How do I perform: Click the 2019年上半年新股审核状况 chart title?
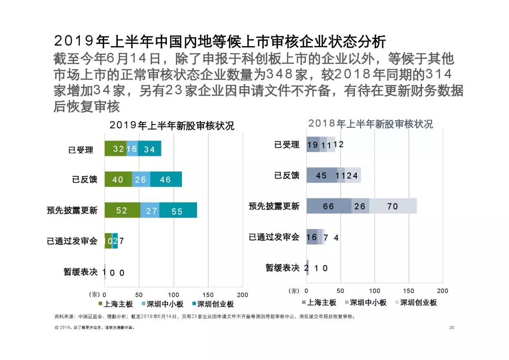(x=172, y=126)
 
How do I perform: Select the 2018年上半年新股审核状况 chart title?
(x=370, y=124)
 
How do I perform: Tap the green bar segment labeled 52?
(x=123, y=210)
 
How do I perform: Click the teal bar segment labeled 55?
(x=178, y=210)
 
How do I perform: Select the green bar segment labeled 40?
(x=118, y=179)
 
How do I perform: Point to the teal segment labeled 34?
(x=149, y=149)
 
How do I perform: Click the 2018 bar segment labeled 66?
(x=329, y=206)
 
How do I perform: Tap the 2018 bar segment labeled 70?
(x=393, y=206)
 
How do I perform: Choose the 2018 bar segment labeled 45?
(x=322, y=175)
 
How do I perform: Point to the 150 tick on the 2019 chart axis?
(x=208, y=295)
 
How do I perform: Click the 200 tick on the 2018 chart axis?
(x=443, y=291)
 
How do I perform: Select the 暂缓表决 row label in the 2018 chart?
(x=282, y=268)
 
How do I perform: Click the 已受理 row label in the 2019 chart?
(x=81, y=150)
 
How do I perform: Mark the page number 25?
(x=452, y=327)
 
